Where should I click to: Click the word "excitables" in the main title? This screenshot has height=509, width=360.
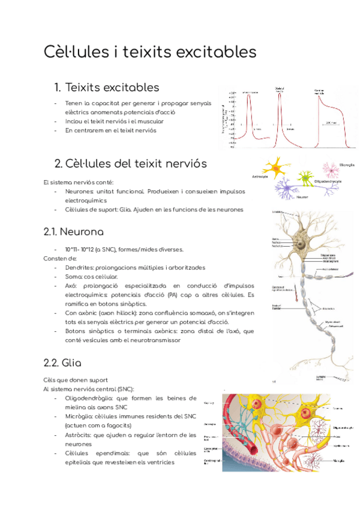[x=208, y=52]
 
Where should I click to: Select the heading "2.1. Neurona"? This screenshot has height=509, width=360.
[x=74, y=231]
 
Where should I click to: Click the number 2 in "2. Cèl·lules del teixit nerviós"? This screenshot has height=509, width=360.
[x=58, y=164]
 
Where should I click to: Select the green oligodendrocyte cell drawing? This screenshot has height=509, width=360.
[x=305, y=178]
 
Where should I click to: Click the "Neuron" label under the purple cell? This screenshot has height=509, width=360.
[x=303, y=197]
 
